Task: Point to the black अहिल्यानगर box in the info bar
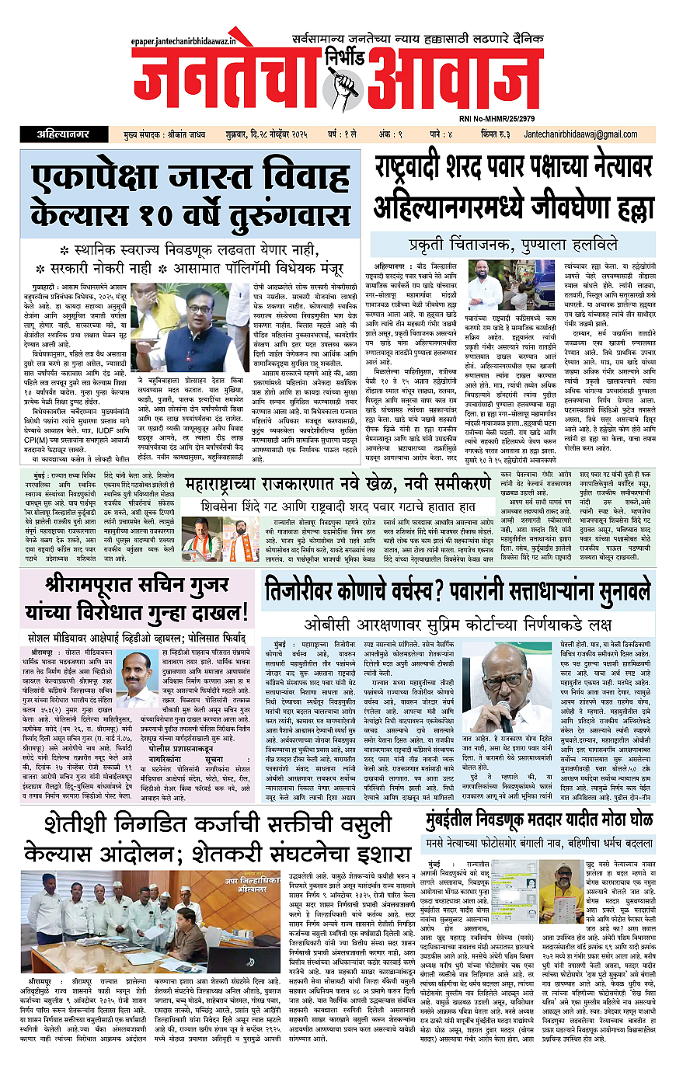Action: coord(65,134)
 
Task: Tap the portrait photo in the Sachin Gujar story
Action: coord(135,673)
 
